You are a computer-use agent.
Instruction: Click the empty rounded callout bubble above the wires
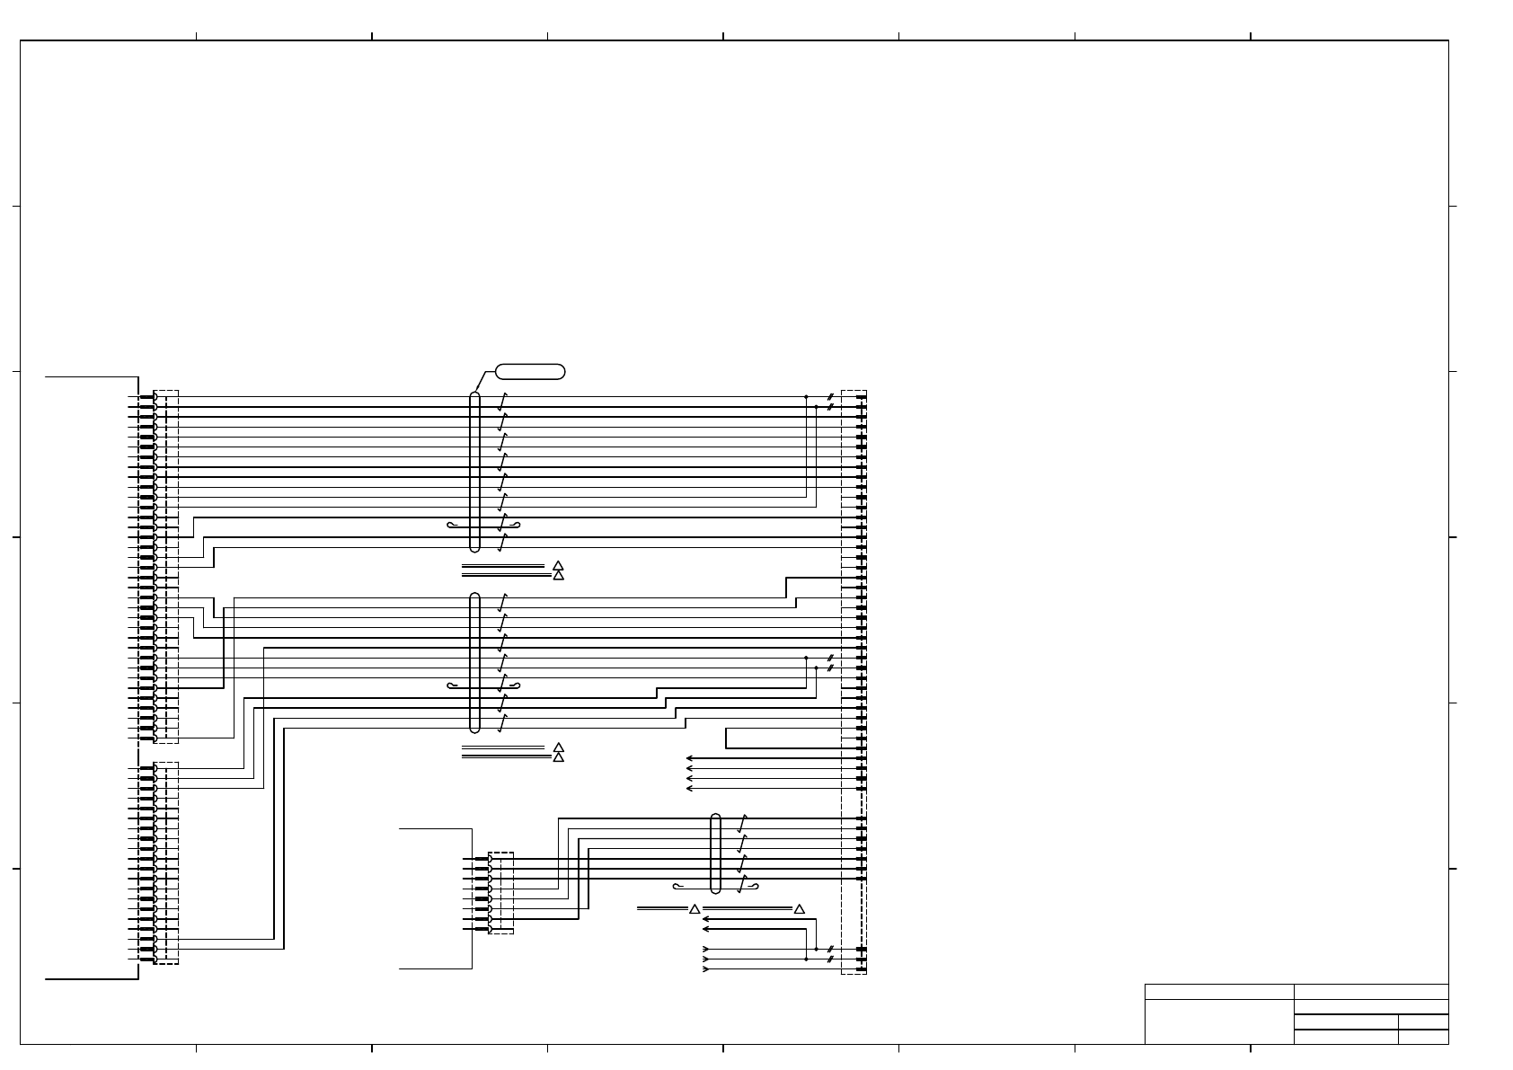click(530, 371)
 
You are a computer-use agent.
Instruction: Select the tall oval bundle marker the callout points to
click(475, 472)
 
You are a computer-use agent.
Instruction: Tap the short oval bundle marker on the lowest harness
click(716, 853)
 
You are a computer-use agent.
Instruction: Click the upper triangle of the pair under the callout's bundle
click(558, 565)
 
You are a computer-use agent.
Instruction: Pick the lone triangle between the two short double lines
click(694, 909)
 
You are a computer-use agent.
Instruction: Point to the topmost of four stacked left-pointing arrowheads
click(689, 758)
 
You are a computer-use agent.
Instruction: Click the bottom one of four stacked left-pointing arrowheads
click(689, 789)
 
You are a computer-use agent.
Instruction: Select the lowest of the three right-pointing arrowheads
click(706, 969)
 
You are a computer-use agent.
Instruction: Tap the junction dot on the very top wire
click(806, 396)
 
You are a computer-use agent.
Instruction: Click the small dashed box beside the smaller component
click(500, 893)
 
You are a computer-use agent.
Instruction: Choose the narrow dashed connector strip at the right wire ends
click(854, 682)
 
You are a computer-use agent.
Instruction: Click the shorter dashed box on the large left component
click(166, 862)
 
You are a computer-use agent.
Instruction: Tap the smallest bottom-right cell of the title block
click(1423, 1037)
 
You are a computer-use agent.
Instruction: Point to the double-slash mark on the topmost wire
click(830, 396)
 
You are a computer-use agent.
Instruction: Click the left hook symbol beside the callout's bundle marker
click(453, 525)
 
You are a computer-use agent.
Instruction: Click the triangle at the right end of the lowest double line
click(799, 909)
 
